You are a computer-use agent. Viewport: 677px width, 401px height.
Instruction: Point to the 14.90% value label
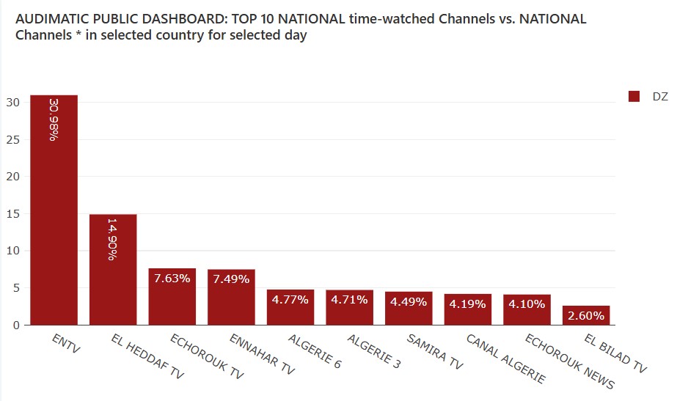coord(113,238)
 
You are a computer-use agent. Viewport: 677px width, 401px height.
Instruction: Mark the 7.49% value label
coord(231,279)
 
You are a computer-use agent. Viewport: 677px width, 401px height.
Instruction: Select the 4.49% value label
coord(409,301)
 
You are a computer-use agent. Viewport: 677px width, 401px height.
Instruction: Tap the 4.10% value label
coord(527,304)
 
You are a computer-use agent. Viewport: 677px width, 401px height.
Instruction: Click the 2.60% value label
coord(586,316)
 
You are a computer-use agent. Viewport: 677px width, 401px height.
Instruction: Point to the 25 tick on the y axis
coord(14,139)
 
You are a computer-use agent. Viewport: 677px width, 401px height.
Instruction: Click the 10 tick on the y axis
coord(14,251)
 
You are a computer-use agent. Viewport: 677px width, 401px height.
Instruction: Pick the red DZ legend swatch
coord(634,96)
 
